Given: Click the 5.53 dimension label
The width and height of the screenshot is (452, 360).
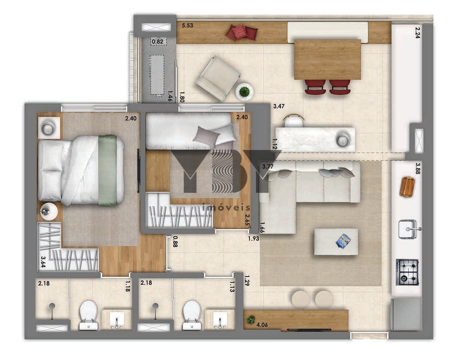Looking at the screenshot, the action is [187, 25].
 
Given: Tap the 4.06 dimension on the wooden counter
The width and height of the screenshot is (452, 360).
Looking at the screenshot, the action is [262, 325].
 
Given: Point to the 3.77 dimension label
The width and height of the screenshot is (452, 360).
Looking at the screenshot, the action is [268, 167].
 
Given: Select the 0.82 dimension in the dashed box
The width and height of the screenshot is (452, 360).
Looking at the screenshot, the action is [158, 42].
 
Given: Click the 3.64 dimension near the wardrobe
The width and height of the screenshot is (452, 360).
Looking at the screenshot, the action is [43, 262].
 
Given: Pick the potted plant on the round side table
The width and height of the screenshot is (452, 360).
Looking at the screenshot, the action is [245, 92].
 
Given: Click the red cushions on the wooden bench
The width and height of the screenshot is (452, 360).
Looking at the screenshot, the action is [241, 32].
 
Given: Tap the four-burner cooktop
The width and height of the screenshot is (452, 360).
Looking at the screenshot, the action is [407, 272].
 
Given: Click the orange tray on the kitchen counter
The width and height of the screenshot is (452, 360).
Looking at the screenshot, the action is [407, 187].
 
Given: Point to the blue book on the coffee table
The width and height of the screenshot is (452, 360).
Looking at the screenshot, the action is [343, 241].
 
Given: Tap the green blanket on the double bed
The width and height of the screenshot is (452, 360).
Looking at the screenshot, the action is [108, 170].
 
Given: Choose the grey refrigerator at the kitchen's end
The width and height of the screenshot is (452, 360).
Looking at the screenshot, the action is [406, 315].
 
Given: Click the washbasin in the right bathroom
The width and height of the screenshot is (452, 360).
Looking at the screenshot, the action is [220, 320].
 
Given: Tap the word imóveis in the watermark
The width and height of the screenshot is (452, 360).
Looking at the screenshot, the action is [226, 207].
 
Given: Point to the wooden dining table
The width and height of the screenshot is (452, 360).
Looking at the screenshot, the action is [328, 60].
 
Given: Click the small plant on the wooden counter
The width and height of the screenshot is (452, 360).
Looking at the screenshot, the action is [251, 319].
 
